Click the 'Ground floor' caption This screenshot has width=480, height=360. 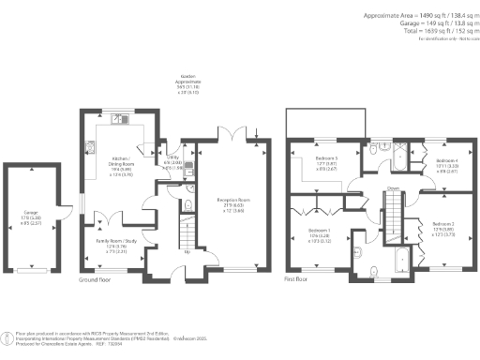point(95,280)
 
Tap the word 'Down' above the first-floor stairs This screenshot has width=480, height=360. point(393,187)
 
